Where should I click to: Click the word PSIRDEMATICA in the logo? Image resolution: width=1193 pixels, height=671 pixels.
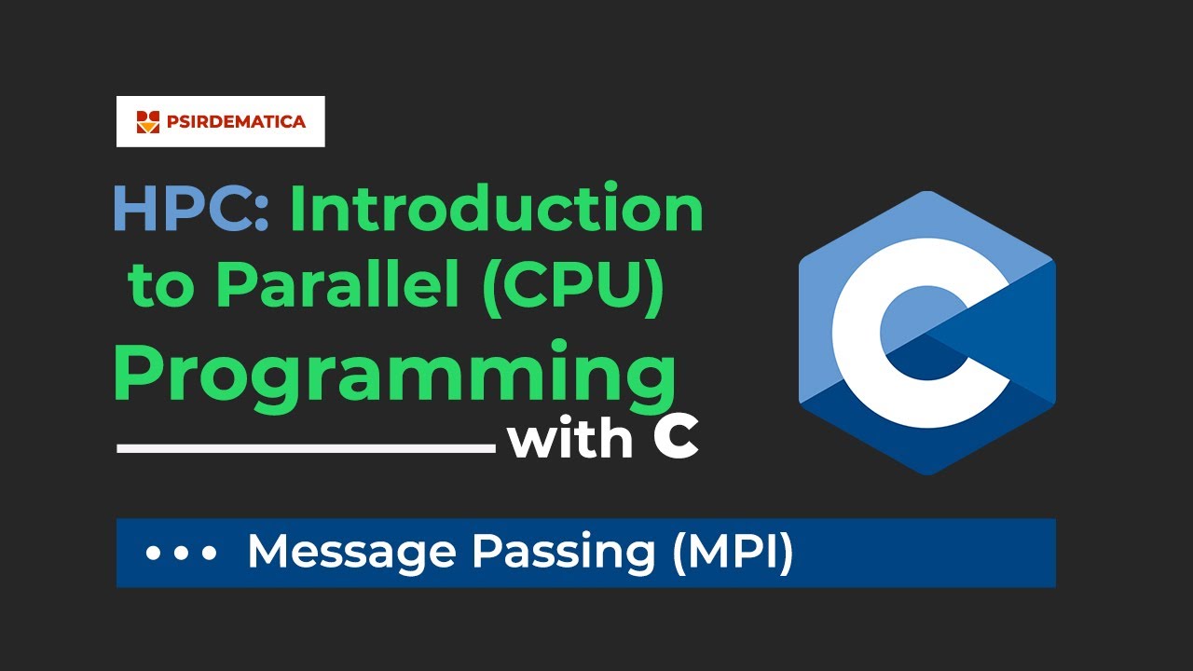[x=236, y=121]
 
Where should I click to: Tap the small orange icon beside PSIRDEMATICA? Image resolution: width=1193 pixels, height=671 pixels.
[x=148, y=121]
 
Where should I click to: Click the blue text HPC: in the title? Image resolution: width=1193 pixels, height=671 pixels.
[x=191, y=210]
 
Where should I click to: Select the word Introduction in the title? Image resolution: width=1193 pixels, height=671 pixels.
[x=496, y=210]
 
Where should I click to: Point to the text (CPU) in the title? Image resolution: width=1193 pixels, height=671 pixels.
[x=575, y=286]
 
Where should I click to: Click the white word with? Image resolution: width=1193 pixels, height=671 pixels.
[x=570, y=439]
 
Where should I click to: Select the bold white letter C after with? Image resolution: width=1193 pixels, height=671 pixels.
[x=676, y=439]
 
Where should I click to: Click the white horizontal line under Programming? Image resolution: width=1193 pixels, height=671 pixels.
[x=306, y=448]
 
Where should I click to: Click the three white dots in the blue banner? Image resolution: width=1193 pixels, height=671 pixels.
[x=182, y=553]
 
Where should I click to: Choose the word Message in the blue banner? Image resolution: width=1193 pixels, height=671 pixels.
[x=352, y=553]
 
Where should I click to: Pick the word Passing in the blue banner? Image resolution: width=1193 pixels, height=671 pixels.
[x=563, y=553]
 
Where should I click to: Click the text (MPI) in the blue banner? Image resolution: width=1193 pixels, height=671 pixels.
[x=732, y=553]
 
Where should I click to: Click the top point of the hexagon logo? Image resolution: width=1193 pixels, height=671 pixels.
[x=926, y=193]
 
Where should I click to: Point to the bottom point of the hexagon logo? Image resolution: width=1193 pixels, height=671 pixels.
[x=926, y=472]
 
